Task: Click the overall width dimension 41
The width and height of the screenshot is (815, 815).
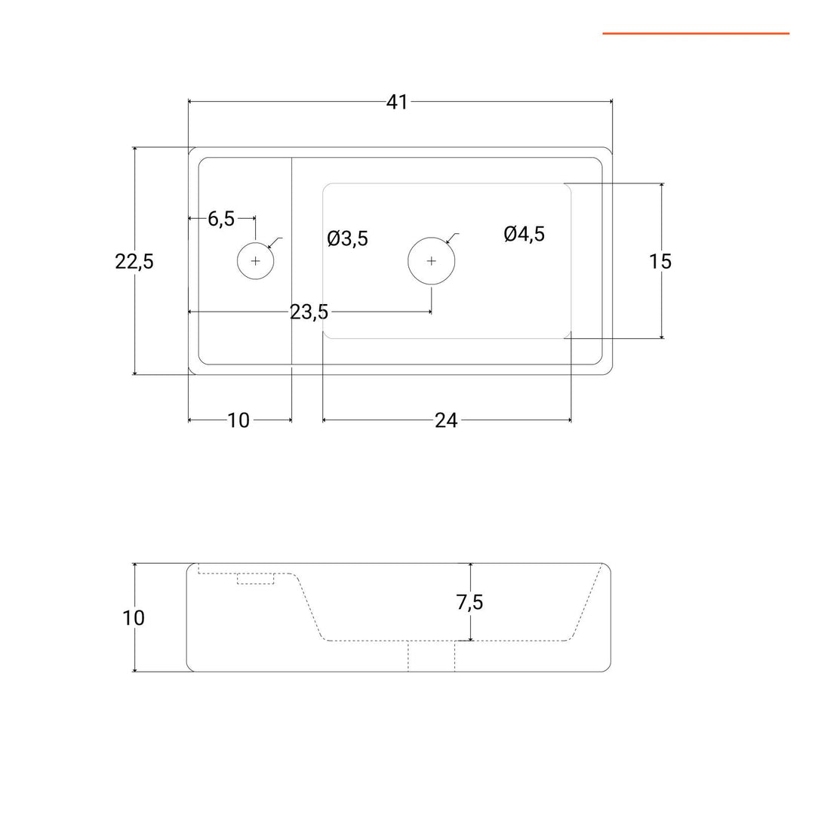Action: click(x=397, y=102)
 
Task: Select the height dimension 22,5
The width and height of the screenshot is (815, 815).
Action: click(x=134, y=261)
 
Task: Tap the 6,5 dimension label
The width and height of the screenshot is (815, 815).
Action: click(x=221, y=219)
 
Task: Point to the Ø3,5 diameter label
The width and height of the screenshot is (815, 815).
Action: click(x=347, y=239)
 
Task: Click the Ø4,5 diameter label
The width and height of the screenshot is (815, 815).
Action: click(x=524, y=235)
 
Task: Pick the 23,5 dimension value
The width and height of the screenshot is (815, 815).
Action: click(x=309, y=312)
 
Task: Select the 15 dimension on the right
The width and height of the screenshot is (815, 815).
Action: click(x=660, y=261)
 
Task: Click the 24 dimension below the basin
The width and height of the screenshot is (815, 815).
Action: click(x=446, y=420)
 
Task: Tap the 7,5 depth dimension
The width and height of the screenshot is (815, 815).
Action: click(x=469, y=602)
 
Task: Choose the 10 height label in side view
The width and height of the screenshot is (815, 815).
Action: click(x=134, y=618)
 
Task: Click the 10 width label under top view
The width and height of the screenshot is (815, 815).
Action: click(x=238, y=420)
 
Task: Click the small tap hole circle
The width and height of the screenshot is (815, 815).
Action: click(x=255, y=261)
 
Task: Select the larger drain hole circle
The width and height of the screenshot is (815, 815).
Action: click(x=431, y=261)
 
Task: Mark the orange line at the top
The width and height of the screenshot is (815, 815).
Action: click(x=695, y=33)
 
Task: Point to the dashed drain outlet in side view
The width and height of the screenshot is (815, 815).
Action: click(x=431, y=656)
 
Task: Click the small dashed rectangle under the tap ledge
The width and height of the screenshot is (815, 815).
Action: click(x=255, y=579)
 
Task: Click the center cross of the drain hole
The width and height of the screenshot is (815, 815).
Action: click(x=431, y=261)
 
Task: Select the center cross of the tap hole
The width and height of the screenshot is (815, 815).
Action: click(x=255, y=261)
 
